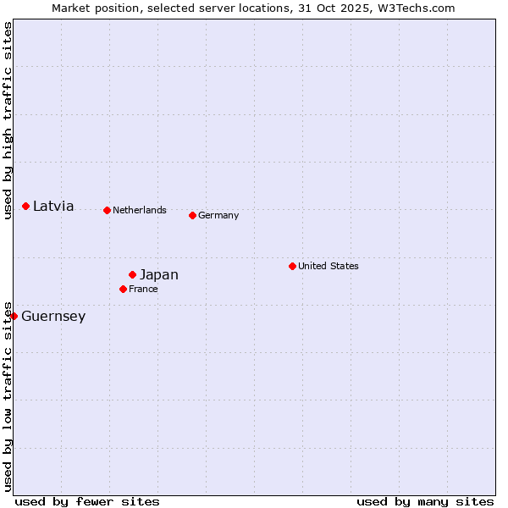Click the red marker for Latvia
[26, 206]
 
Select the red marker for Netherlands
[107, 210]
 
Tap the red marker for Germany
[192, 215]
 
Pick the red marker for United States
[292, 266]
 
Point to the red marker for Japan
[132, 274]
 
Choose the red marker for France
[123, 289]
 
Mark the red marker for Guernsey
[14, 316]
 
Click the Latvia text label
[53, 206]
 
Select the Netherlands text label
[140, 210]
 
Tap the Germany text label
[218, 215]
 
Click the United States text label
[329, 266]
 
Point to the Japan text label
[159, 274]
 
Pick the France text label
[143, 289]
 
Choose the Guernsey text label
[53, 317]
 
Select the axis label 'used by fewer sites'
[87, 501]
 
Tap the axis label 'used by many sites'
[425, 501]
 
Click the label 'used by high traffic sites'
[8, 121]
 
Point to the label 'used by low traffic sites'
[8, 396]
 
